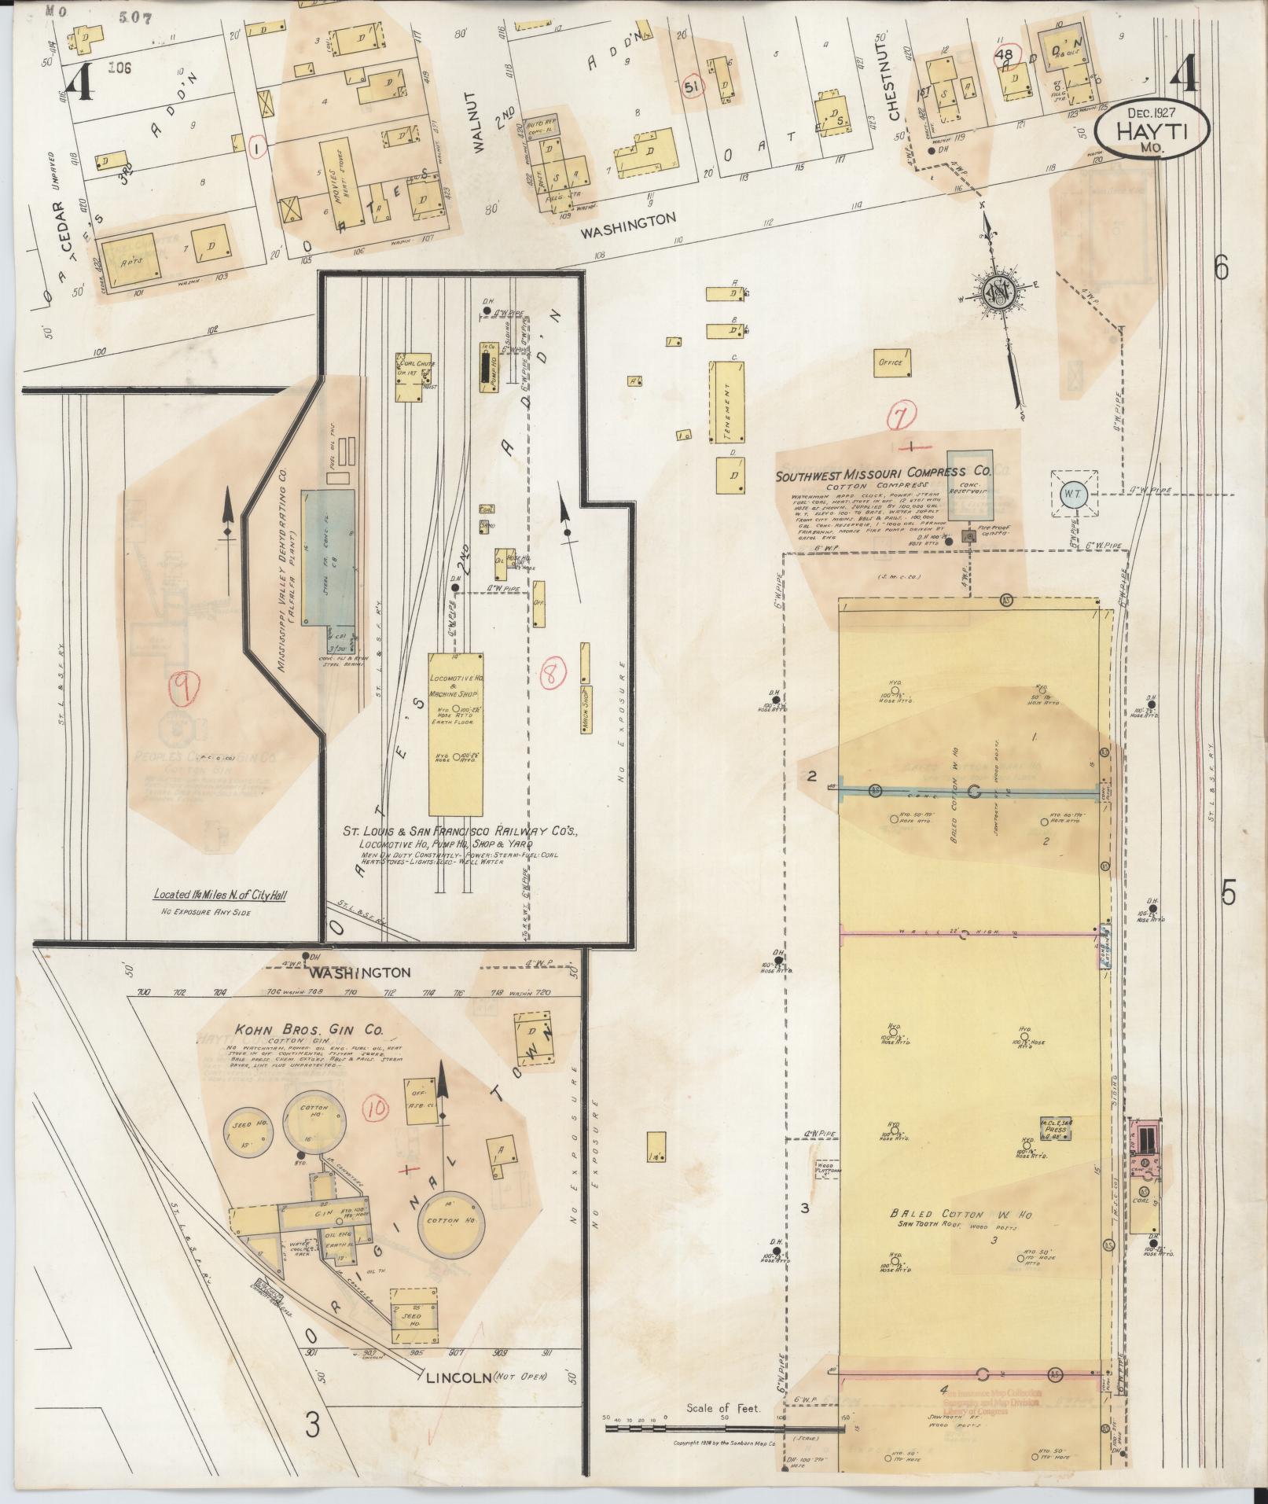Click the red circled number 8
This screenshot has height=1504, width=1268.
point(554,673)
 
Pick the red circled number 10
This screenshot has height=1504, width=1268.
point(377,1109)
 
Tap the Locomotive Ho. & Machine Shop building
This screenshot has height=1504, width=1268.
point(455,733)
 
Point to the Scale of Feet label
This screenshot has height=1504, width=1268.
point(722,1407)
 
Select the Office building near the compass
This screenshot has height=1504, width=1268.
point(891,362)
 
